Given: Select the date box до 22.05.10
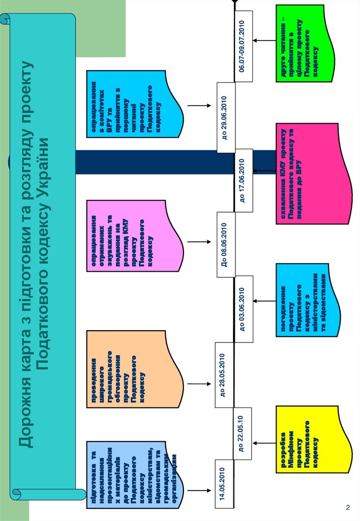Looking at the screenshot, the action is pos(242,434).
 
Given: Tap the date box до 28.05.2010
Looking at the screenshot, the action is pos(225,374).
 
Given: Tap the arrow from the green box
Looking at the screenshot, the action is pos(264,41).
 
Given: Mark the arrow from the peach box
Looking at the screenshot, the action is pos(199,382).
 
